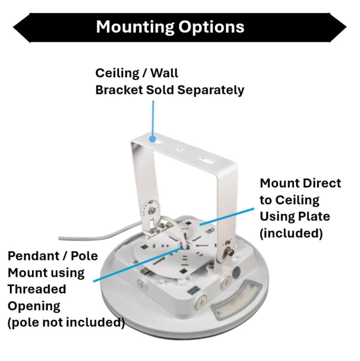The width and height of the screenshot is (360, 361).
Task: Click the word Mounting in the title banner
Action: (x=135, y=27)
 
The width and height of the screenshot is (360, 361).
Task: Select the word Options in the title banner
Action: (x=211, y=27)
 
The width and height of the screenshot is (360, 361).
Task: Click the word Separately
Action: (x=210, y=90)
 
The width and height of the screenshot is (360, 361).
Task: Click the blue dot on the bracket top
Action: (x=152, y=139)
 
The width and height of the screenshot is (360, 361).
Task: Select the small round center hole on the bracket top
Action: (x=180, y=150)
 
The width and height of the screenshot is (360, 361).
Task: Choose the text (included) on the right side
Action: (x=291, y=234)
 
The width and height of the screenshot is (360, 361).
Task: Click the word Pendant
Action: (x=34, y=256)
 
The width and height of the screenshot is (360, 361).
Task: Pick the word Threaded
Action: (x=37, y=289)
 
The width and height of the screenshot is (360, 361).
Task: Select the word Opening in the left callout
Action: (x=34, y=307)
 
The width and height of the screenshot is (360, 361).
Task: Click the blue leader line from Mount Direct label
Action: (x=227, y=217)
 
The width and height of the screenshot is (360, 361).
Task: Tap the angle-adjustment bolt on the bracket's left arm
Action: (x=152, y=210)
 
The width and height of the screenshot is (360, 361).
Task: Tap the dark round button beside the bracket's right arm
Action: (x=236, y=272)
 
